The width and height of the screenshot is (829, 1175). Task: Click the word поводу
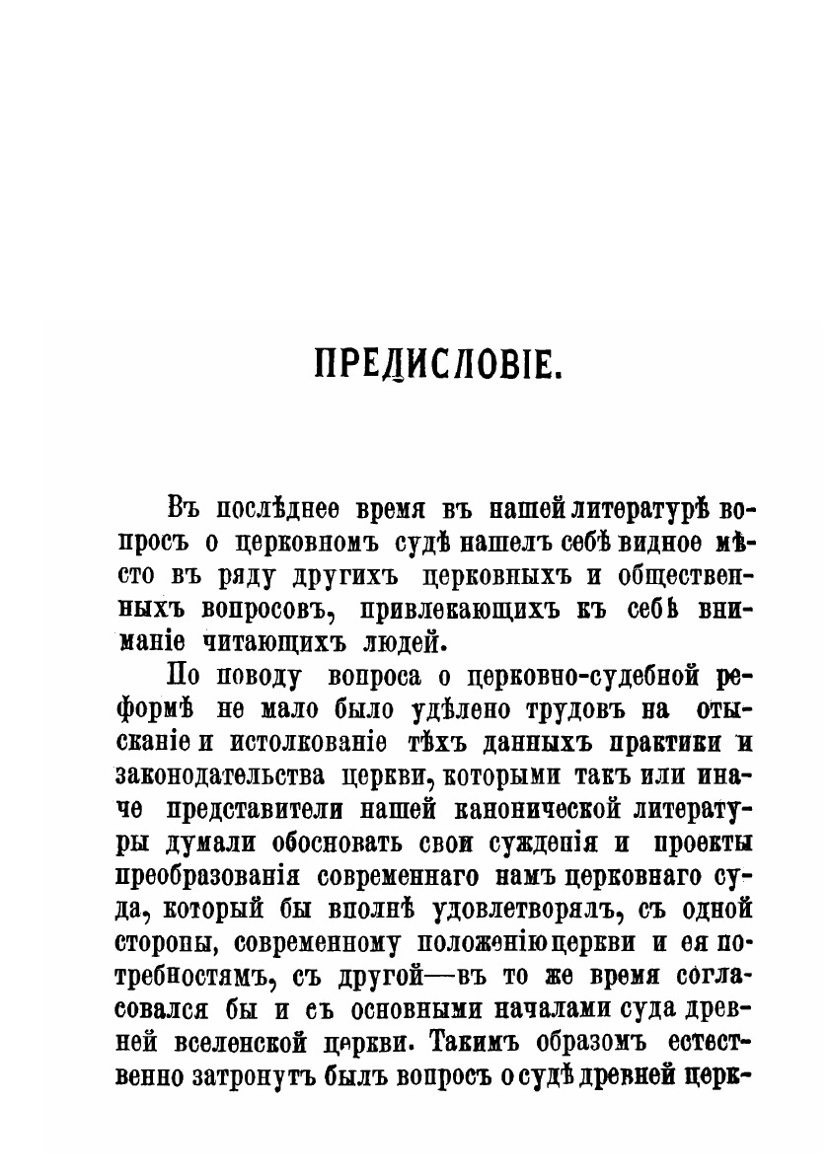pyautogui.click(x=256, y=677)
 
